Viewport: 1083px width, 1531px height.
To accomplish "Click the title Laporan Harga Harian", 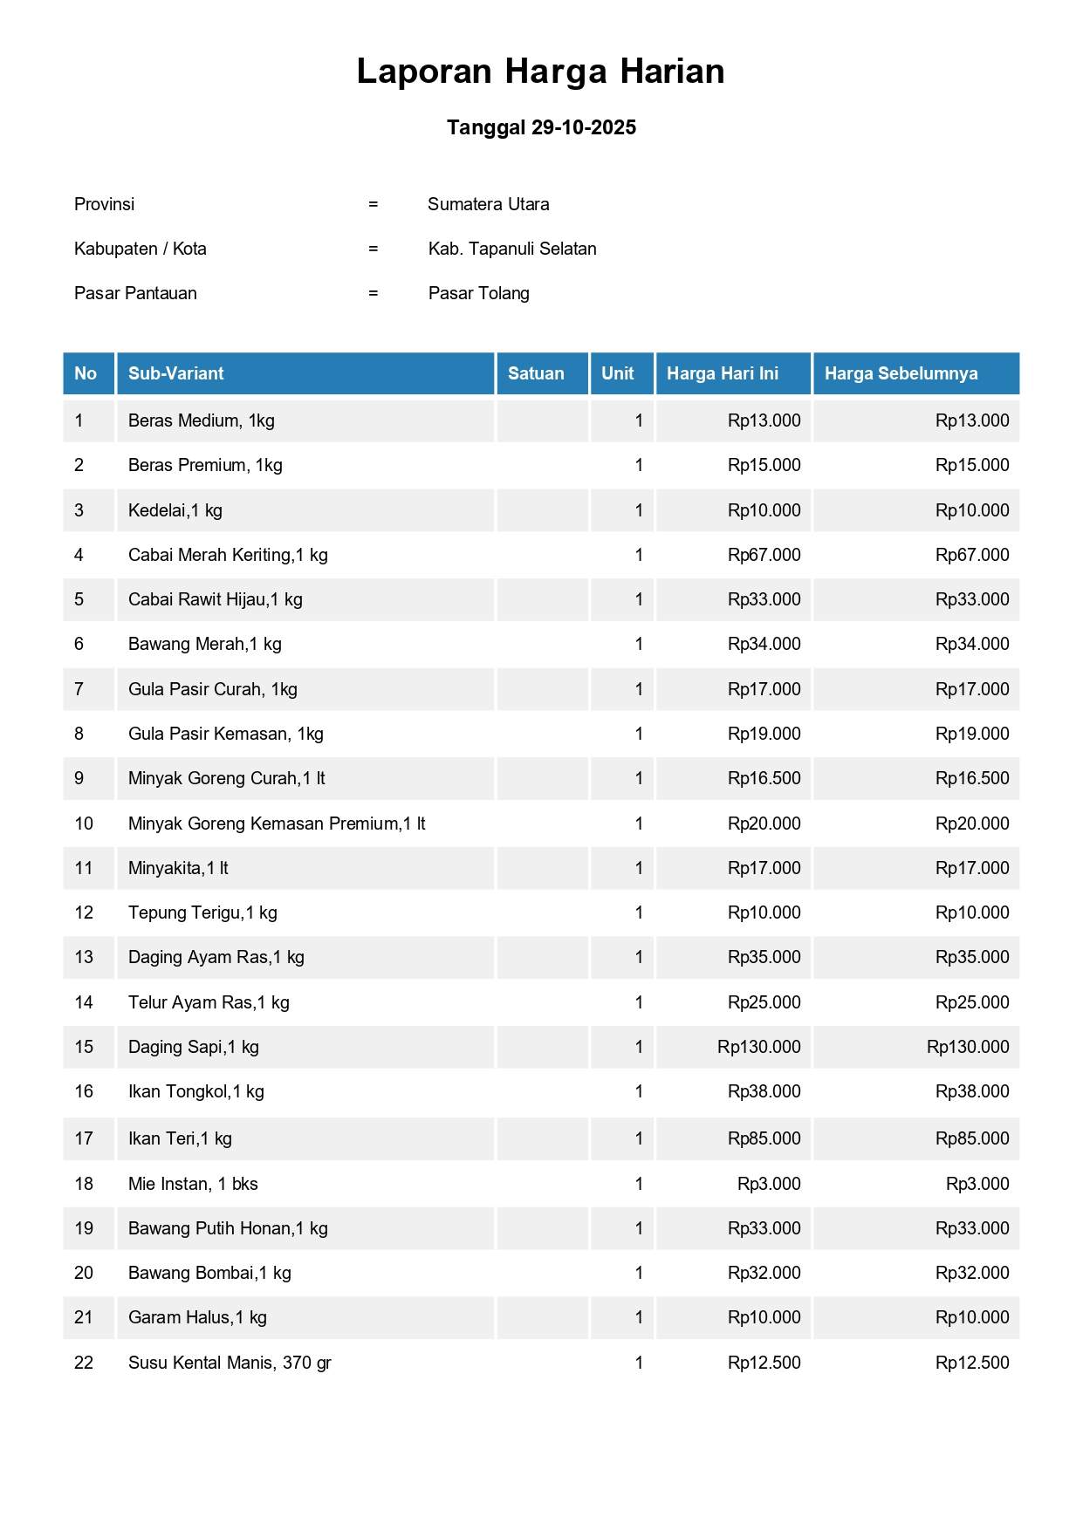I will tap(540, 72).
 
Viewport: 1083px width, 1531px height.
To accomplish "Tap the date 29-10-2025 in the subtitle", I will tap(583, 127).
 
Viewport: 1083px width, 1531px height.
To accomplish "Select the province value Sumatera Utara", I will tap(488, 204).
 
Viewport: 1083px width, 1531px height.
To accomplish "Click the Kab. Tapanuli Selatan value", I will tap(512, 249).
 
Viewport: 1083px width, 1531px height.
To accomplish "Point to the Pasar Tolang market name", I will tap(478, 293).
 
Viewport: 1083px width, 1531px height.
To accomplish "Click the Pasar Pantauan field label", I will tap(135, 293).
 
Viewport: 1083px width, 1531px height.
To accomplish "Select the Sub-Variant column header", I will tap(175, 373).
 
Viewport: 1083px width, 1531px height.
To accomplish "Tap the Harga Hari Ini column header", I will tap(722, 373).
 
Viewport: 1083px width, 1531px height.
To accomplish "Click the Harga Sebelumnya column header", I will tap(901, 373).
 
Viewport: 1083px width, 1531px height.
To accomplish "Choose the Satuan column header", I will tap(536, 373).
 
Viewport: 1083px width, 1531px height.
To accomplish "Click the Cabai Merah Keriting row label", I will tap(228, 555).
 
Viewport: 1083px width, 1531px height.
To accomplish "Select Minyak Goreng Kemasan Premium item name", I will tap(277, 824).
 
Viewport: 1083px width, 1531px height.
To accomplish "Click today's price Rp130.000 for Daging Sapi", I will tap(758, 1047).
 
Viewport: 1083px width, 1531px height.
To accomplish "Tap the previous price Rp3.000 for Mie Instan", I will tap(977, 1184).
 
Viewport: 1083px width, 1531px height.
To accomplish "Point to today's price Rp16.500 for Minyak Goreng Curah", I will tap(764, 778).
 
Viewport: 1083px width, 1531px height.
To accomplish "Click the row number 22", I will tap(84, 1363).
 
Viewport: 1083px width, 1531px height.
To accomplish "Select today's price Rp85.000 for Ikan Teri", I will tap(764, 1138).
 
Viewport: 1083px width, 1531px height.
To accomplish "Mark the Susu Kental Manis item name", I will tap(230, 1363).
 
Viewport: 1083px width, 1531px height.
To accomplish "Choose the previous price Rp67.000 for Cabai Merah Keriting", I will tap(972, 555).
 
